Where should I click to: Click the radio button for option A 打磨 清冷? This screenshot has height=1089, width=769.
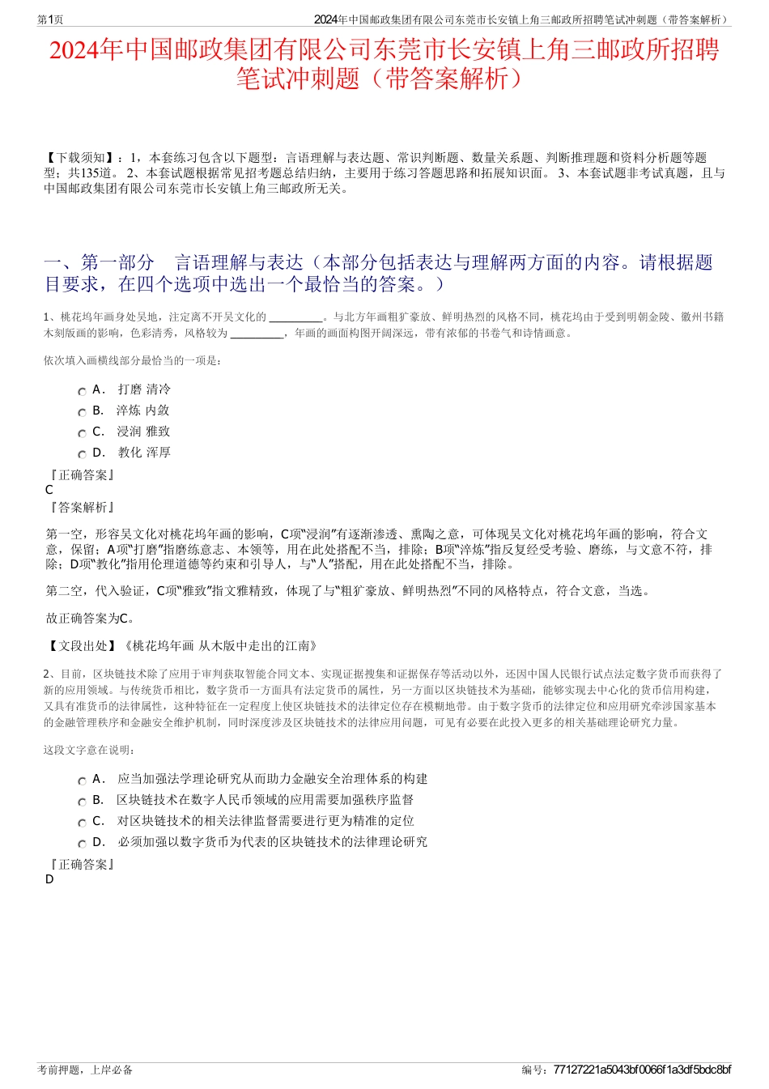[x=82, y=391]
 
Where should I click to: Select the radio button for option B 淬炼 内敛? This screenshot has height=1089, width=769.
[x=82, y=412]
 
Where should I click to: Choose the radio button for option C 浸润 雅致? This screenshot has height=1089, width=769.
[x=82, y=433]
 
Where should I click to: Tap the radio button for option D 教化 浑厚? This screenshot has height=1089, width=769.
[x=82, y=454]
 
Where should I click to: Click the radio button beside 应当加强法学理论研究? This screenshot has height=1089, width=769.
[x=82, y=781]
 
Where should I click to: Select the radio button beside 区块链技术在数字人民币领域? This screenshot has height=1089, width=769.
[x=82, y=802]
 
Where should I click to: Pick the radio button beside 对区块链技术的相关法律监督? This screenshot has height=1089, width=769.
[x=82, y=823]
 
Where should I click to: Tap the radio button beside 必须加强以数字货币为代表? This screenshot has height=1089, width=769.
[x=82, y=844]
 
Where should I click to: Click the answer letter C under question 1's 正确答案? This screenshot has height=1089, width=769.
[x=49, y=490]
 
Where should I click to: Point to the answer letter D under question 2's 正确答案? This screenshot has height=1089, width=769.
[x=49, y=879]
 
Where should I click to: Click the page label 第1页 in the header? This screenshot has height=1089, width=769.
[x=50, y=19]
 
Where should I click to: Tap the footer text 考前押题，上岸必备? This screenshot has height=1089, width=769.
[x=85, y=1070]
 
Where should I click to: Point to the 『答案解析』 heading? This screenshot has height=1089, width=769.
[x=81, y=508]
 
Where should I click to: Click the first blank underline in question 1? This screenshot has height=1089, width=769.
[x=295, y=317]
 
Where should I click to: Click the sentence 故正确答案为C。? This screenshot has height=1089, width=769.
[x=91, y=619]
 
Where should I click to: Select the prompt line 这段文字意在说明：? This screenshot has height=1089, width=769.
[x=90, y=750]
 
